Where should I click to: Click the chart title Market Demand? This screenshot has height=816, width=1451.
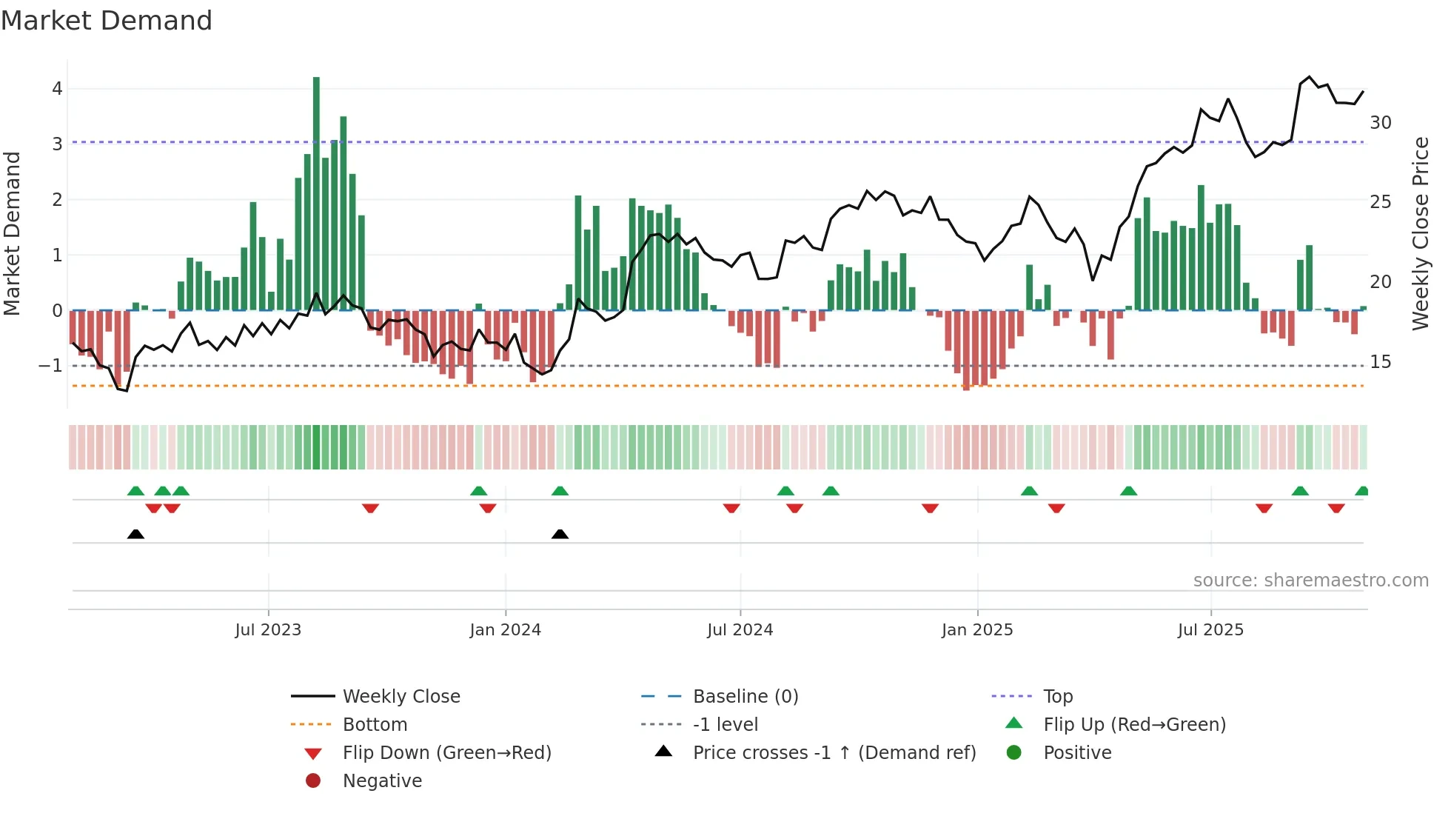(x=107, y=21)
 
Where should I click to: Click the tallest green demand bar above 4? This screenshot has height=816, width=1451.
(x=316, y=193)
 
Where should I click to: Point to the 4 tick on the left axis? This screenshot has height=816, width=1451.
(x=57, y=89)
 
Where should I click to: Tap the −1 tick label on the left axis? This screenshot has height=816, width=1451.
(x=50, y=366)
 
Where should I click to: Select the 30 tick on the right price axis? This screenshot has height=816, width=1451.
(x=1380, y=123)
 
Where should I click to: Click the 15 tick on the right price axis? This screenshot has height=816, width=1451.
(x=1380, y=362)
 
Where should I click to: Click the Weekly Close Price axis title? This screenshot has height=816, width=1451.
(x=1420, y=233)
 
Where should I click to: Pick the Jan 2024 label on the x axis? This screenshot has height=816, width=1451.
(x=505, y=630)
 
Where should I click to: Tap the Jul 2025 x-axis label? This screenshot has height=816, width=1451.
(x=1210, y=630)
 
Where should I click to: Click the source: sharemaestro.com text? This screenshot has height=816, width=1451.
(x=1310, y=581)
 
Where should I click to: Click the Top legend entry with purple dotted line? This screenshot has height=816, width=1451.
(x=1057, y=697)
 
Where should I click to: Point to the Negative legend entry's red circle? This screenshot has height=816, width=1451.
(x=313, y=781)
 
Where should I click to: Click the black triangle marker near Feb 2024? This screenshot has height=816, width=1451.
(x=560, y=535)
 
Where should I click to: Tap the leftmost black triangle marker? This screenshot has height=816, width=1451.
(x=135, y=535)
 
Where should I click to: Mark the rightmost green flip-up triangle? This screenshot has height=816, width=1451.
(x=1361, y=492)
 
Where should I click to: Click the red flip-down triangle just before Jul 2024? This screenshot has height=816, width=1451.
(x=731, y=508)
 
